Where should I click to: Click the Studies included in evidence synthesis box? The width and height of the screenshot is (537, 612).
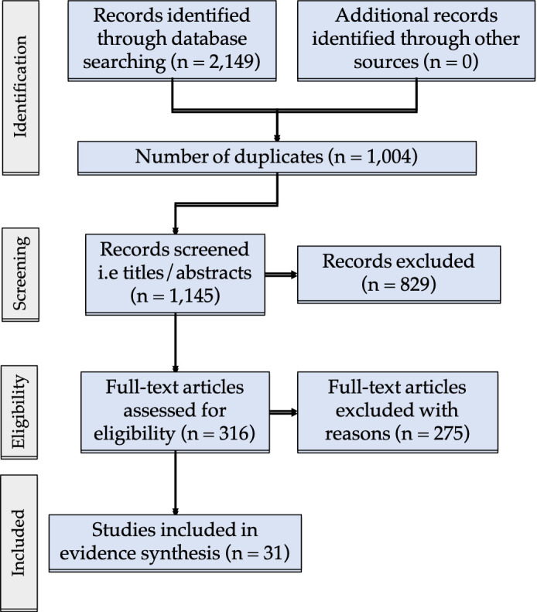pos(175,544)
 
